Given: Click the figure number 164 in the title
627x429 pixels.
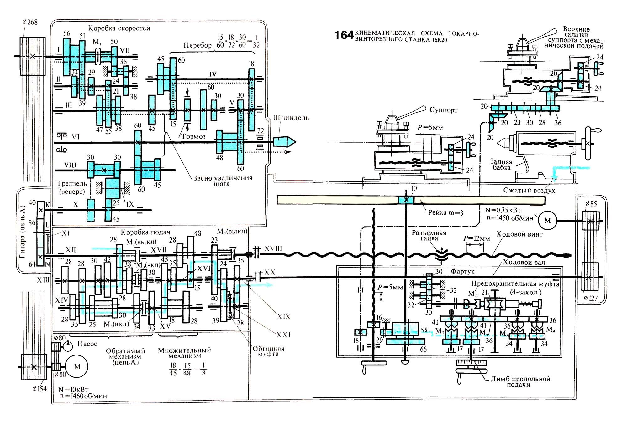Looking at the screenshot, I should (x=344, y=35).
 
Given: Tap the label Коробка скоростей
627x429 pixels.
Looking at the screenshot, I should (x=119, y=28).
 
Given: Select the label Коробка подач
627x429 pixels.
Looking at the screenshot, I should (x=145, y=232).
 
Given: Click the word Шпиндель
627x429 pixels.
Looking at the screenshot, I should (x=291, y=118).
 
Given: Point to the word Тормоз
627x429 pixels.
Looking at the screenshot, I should (x=193, y=136).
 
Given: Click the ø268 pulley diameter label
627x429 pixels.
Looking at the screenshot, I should (x=30, y=22).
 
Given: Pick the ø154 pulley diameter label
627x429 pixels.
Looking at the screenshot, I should (x=39, y=389).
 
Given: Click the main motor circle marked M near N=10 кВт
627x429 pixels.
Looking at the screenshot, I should (x=77, y=367).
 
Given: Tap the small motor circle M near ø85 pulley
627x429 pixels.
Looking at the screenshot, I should (x=547, y=220).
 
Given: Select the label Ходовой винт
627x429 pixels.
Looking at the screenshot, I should (x=519, y=234).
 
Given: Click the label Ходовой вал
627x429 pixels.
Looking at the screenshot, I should (x=524, y=262).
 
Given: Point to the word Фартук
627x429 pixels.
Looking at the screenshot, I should (x=462, y=271).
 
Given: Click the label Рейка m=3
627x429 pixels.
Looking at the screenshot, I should (x=445, y=213).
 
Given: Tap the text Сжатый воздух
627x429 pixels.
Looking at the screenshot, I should (x=529, y=190).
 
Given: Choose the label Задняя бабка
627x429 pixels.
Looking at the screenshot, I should (x=501, y=165).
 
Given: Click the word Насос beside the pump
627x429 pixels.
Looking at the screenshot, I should (x=87, y=344).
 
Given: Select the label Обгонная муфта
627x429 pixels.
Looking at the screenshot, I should (x=268, y=351).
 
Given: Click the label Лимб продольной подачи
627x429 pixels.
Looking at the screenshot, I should (x=520, y=382).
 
